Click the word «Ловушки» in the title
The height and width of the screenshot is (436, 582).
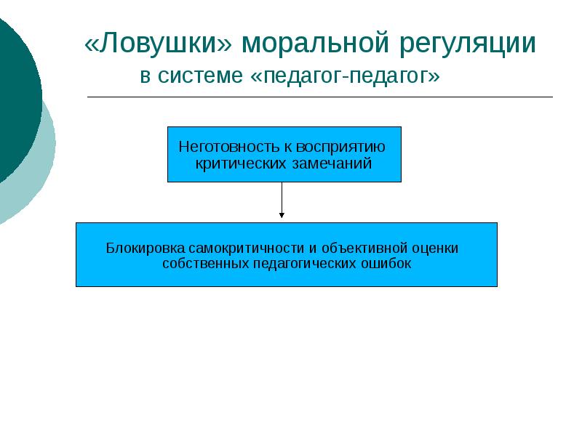point(159,45)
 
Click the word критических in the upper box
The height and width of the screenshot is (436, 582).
point(234,163)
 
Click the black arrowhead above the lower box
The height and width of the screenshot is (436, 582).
point(282,214)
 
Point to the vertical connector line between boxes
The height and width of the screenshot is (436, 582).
point(282,196)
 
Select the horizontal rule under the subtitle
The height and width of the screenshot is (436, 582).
point(320,97)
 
